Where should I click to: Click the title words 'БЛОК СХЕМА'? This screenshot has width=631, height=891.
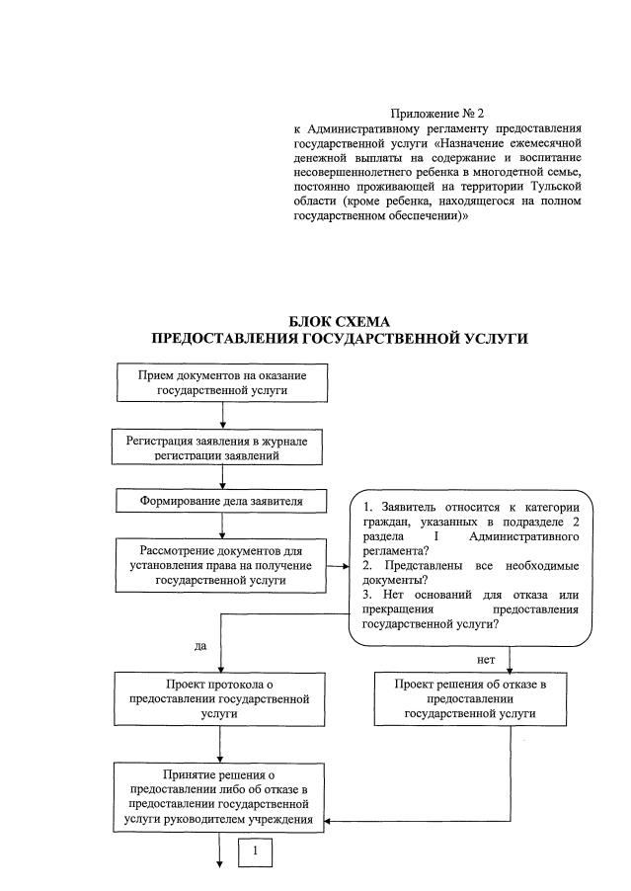point(339,322)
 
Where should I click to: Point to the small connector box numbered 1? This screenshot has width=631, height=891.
point(256,850)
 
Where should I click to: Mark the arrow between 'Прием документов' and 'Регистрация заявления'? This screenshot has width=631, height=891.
point(222,416)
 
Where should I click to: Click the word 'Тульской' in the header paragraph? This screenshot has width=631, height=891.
point(555,186)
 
